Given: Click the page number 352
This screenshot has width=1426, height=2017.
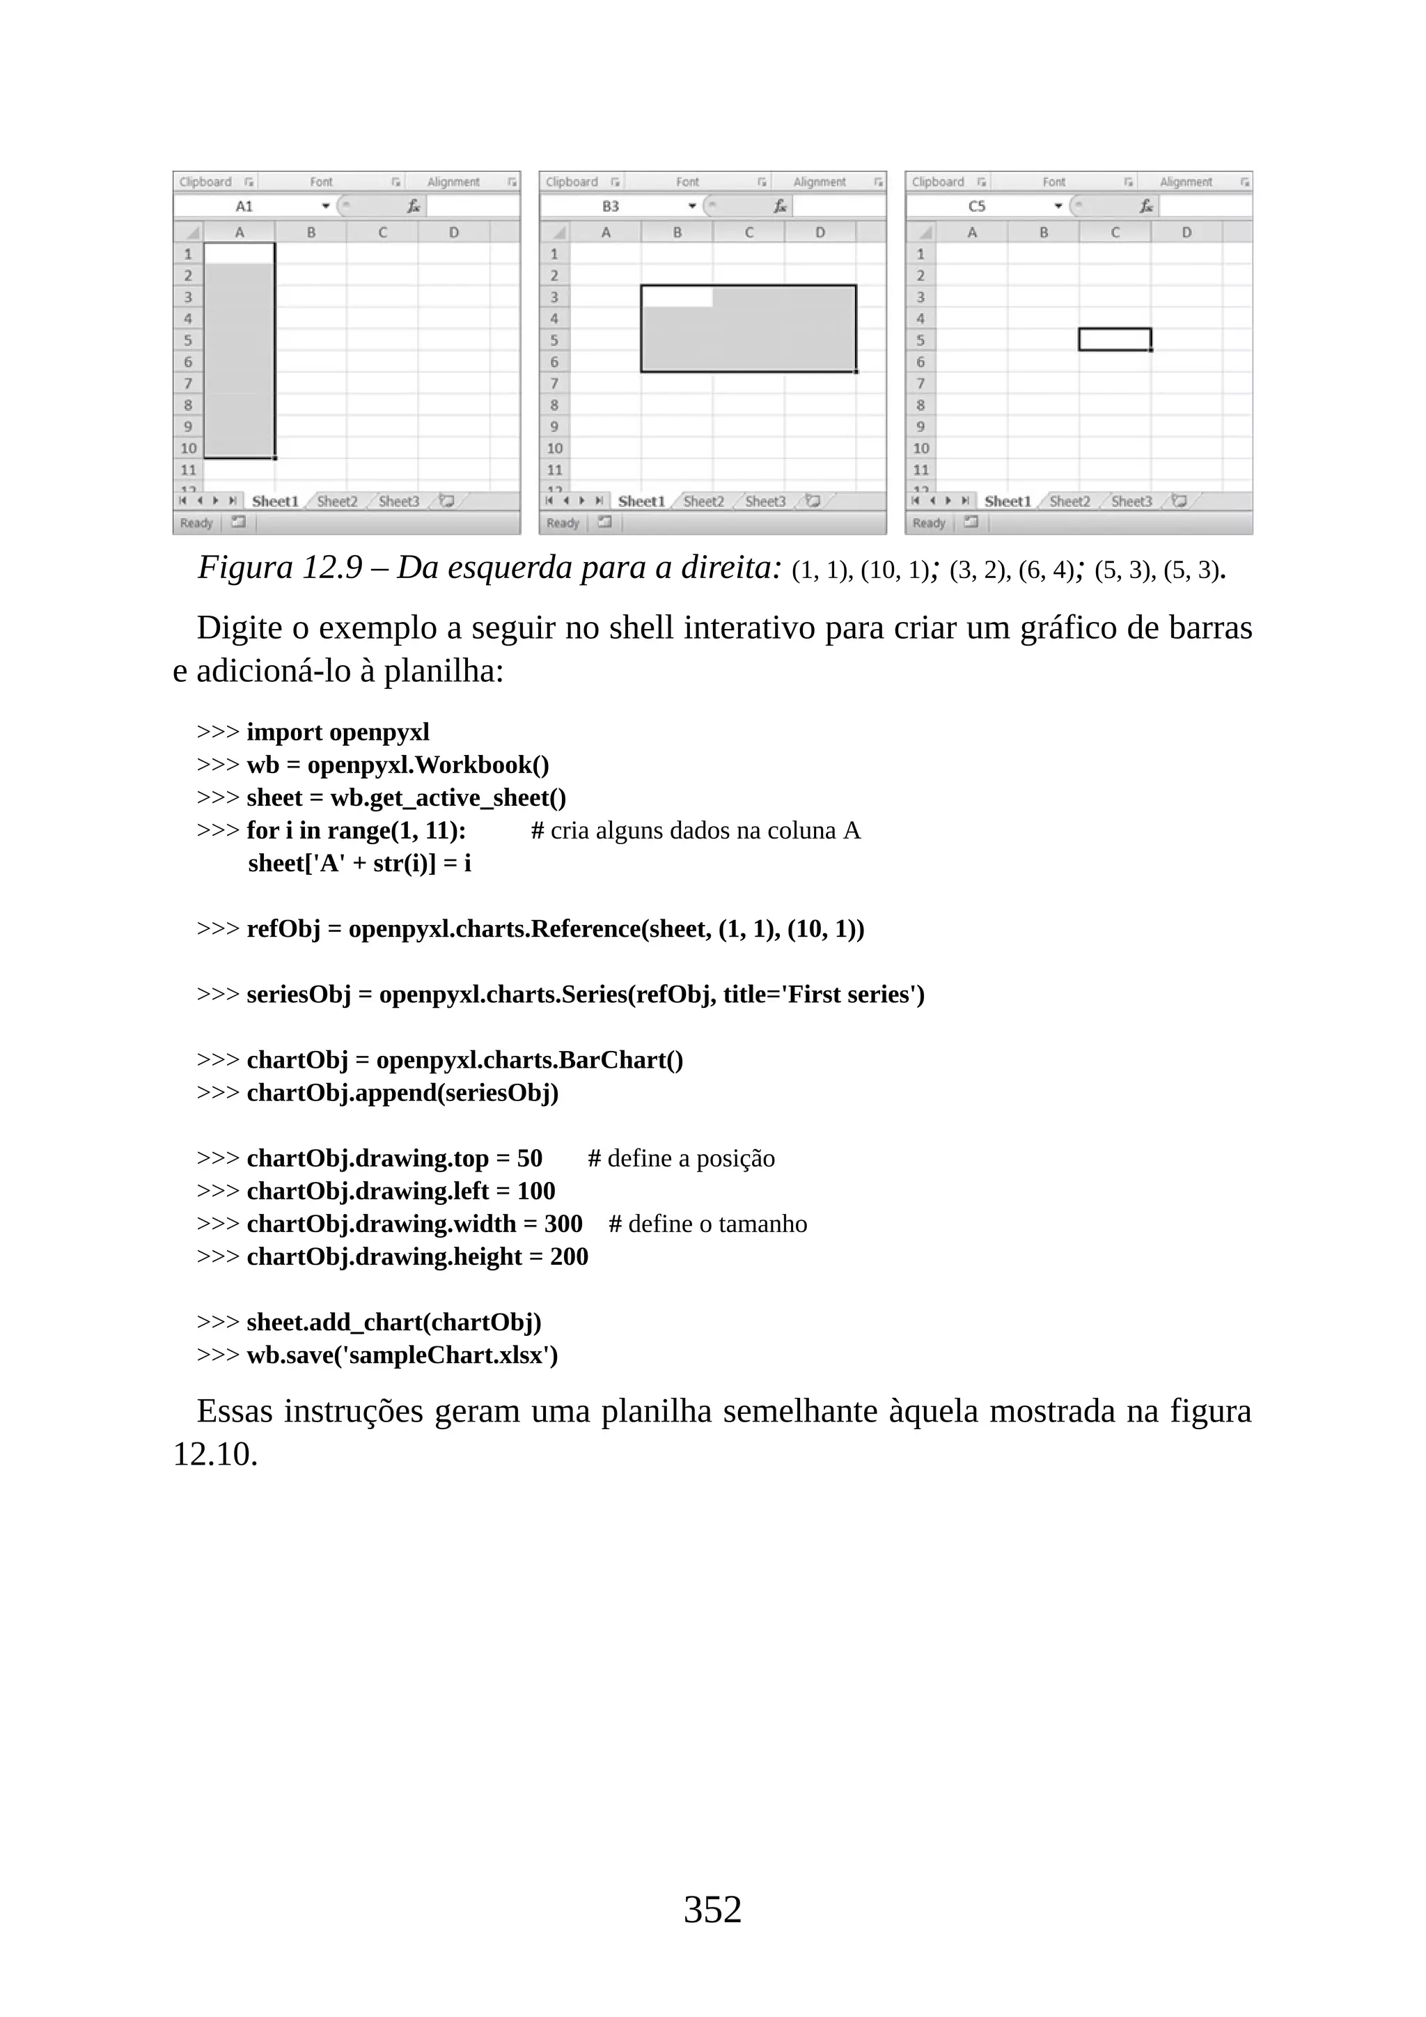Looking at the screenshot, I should pos(712,1909).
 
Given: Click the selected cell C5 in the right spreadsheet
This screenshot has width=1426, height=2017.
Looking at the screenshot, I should pos(1114,339).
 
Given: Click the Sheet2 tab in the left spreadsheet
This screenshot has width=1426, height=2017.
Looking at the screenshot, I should pos(337,501).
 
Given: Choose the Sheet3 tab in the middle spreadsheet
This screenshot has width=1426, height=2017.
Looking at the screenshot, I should pos(765,501).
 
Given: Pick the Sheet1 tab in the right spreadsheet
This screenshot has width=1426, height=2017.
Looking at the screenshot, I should pos(1007,501).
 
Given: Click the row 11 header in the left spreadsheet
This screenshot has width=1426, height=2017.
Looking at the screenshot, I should pos(188,470).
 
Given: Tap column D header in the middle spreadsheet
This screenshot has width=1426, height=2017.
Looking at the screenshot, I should pos(820,233).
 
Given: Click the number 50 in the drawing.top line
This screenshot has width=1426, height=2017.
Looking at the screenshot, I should pos(529,1159).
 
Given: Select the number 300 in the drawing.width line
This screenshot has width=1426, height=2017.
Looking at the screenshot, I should pos(563,1224).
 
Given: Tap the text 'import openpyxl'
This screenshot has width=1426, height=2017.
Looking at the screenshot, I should pos(338,732).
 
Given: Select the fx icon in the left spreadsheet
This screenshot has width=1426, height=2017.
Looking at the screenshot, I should pos(413,206).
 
